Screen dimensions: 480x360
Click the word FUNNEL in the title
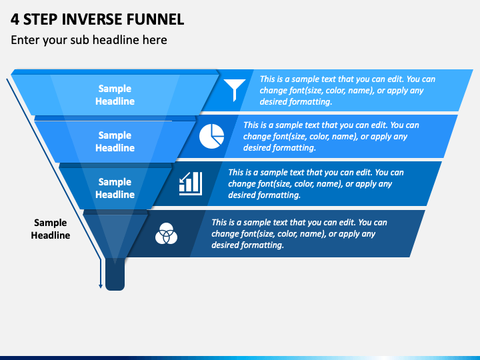pyautogui.click(x=155, y=19)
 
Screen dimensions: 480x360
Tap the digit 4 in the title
pyautogui.click(x=15, y=19)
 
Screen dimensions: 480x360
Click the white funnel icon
pyautogui.click(x=235, y=90)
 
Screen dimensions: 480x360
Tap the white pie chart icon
pyautogui.click(x=211, y=136)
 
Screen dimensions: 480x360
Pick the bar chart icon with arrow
pyautogui.click(x=191, y=183)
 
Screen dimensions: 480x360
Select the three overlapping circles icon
pyautogui.click(x=166, y=233)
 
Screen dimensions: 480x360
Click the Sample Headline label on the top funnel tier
pyautogui.click(x=115, y=95)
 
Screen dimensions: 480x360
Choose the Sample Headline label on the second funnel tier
pyautogui.click(x=115, y=141)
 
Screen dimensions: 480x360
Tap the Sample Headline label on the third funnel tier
pyautogui.click(x=115, y=188)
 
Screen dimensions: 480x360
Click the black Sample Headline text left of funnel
pyautogui.click(x=51, y=229)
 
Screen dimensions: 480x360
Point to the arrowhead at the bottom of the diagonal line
pyautogui.click(x=101, y=286)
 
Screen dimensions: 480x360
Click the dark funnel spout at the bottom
pyautogui.click(x=115, y=274)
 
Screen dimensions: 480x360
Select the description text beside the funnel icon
pyautogui.click(x=347, y=90)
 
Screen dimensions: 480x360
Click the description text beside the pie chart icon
pyautogui.click(x=331, y=136)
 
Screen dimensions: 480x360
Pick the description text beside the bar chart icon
pyautogui.click(x=316, y=184)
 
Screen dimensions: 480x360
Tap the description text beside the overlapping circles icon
pyautogui.click(x=299, y=233)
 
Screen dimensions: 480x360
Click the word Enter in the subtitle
pyautogui.click(x=25, y=40)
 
